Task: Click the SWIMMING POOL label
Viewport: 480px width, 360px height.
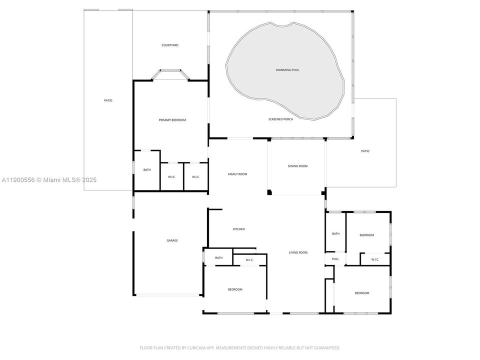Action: [x=287, y=70]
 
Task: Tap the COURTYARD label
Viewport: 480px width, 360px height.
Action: [x=170, y=45]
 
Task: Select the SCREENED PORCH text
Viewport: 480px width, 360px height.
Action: [x=280, y=119]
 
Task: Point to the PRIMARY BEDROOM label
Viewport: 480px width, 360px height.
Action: [x=172, y=120]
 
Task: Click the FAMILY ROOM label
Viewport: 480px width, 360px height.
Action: [x=237, y=174]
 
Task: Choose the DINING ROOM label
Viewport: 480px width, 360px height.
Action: [x=297, y=166]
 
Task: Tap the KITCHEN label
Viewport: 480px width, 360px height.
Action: [x=238, y=229]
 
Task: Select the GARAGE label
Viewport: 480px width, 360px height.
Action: [x=172, y=240]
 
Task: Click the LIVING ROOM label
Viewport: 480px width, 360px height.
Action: [x=298, y=252]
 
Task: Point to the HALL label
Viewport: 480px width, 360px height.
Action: [x=335, y=259]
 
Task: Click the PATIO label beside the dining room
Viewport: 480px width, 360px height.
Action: [x=365, y=151]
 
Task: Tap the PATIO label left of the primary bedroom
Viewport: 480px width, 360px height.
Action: [x=108, y=100]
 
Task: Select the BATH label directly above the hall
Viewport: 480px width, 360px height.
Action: [x=335, y=233]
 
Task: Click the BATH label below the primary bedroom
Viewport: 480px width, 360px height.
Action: [x=147, y=170]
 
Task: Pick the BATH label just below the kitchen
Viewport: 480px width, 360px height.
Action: [x=219, y=258]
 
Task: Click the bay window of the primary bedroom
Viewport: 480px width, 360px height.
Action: [x=170, y=74]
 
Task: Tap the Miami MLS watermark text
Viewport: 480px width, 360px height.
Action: [x=49, y=180]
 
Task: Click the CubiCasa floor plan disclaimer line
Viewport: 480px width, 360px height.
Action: [x=240, y=347]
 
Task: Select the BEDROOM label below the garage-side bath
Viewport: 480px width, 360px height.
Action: [x=235, y=289]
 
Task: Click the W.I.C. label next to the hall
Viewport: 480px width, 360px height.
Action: [x=375, y=259]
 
